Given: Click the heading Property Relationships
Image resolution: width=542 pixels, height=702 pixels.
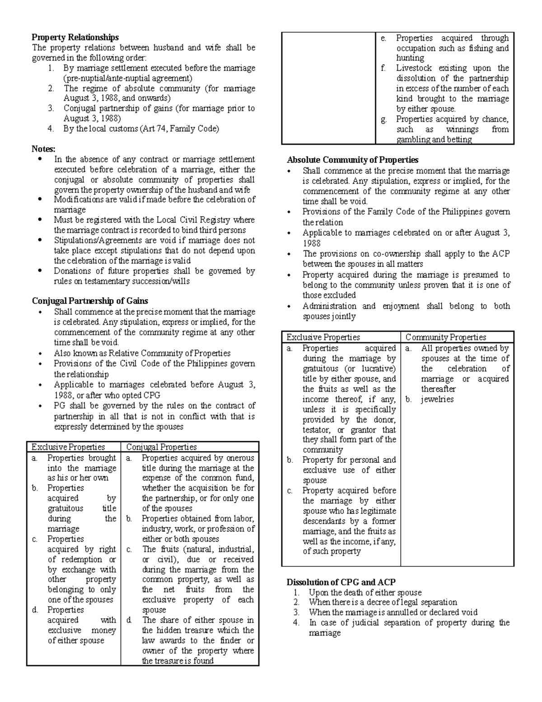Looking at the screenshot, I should click(75, 37).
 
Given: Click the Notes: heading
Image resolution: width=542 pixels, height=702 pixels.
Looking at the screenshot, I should click(43, 149).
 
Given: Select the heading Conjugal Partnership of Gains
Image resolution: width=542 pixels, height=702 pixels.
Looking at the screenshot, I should click(90, 301).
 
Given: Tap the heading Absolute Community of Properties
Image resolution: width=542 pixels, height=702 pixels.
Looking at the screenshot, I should click(353, 160).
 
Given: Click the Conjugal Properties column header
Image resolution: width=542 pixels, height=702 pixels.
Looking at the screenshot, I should click(161, 447).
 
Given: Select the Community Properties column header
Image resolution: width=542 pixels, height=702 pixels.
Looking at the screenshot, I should click(445, 337).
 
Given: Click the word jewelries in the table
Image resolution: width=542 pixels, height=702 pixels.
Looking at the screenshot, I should click(437, 400).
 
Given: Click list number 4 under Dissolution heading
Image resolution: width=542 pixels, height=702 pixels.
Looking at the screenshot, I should click(296, 623).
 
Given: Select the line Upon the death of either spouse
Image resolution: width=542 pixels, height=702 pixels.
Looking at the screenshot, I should click(365, 593).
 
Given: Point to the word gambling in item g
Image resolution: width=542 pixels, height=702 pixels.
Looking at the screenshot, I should click(413, 140).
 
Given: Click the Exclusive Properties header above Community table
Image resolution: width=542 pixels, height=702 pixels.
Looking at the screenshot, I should click(323, 337).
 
